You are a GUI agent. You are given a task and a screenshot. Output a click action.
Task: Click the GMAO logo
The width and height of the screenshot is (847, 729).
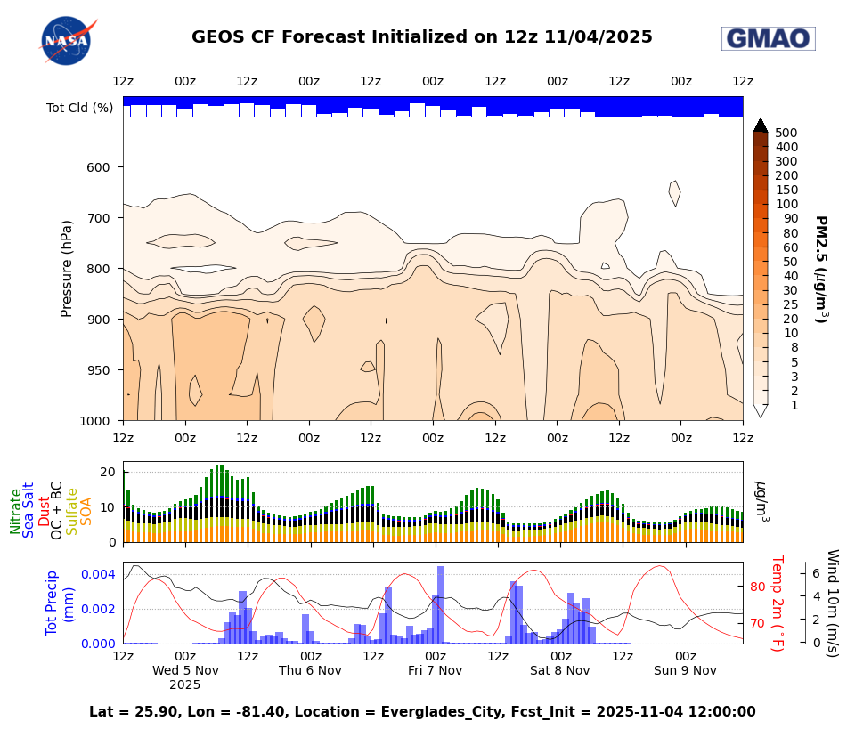click(768, 38)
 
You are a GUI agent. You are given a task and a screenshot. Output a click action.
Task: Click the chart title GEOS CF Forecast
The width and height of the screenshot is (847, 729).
click(421, 37)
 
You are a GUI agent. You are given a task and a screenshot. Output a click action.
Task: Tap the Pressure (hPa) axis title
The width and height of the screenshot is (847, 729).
click(67, 269)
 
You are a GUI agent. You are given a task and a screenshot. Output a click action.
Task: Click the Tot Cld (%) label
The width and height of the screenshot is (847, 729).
click(80, 108)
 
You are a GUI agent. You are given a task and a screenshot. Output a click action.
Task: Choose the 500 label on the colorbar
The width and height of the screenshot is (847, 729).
click(786, 133)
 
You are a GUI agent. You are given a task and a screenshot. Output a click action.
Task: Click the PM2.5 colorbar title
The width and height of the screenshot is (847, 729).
click(820, 269)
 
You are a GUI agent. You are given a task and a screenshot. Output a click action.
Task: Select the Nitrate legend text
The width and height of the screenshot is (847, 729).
click(16, 511)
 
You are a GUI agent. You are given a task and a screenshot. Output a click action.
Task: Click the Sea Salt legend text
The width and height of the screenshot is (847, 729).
click(29, 510)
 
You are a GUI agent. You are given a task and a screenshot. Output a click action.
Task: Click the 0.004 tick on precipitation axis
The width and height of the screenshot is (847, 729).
click(98, 574)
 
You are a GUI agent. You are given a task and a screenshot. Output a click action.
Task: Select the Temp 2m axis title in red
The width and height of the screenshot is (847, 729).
click(776, 603)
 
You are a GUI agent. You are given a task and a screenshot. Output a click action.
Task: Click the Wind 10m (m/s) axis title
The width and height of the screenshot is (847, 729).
click(832, 603)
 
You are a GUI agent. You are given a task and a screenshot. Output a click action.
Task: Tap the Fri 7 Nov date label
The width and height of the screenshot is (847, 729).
click(435, 670)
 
